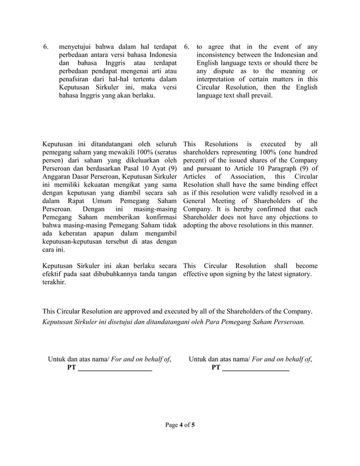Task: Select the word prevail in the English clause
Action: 260,96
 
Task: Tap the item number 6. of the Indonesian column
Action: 47,46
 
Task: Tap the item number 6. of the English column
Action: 187,46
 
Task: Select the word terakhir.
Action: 54,282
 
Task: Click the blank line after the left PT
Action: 115,369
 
